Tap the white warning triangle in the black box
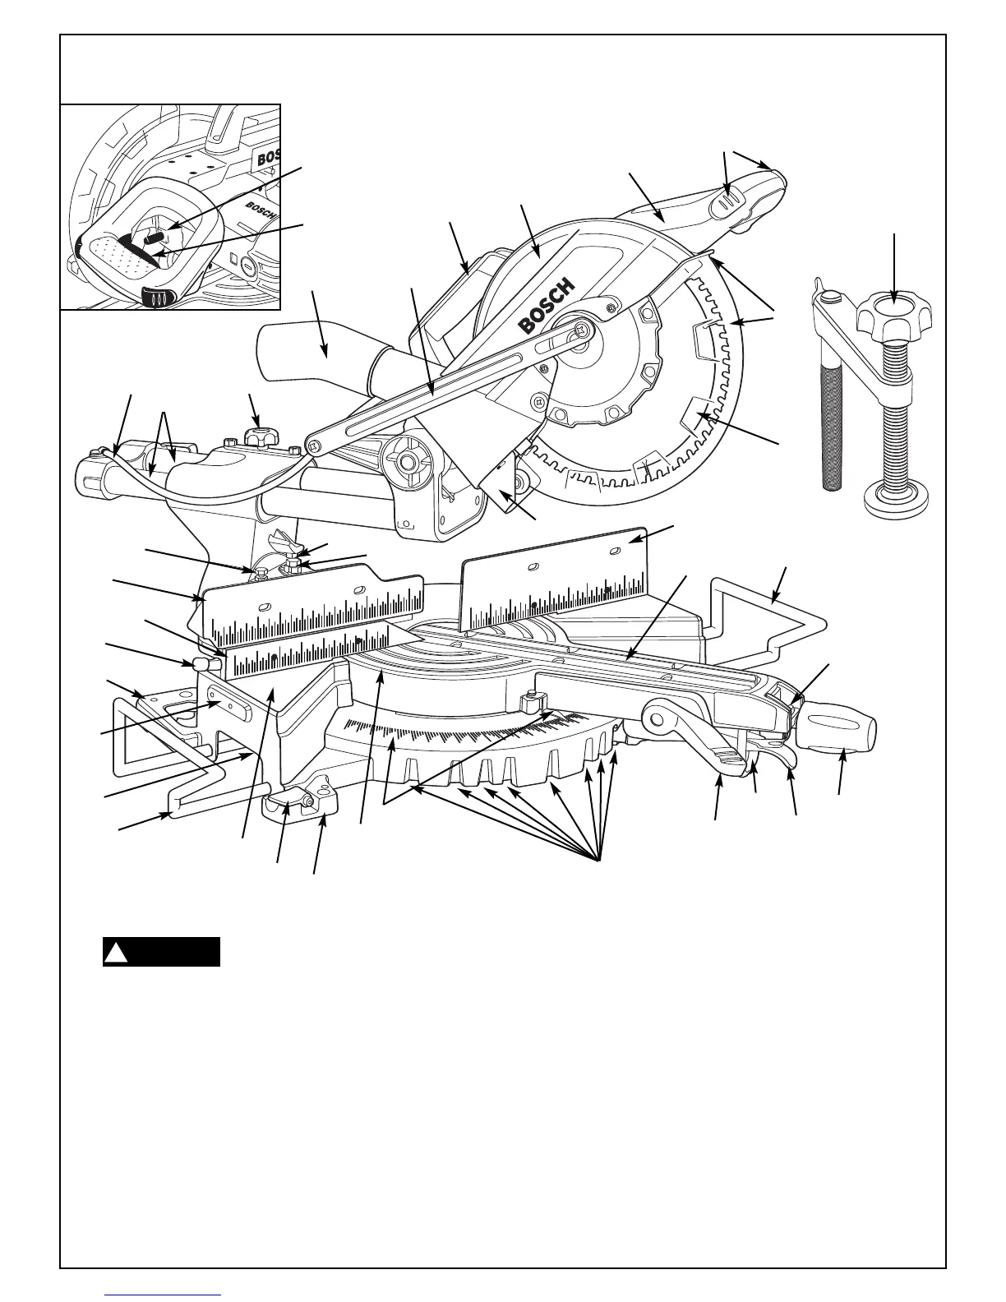pyautogui.click(x=118, y=953)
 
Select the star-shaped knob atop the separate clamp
pyautogui.click(x=893, y=316)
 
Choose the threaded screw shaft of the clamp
pyautogui.click(x=894, y=411)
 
